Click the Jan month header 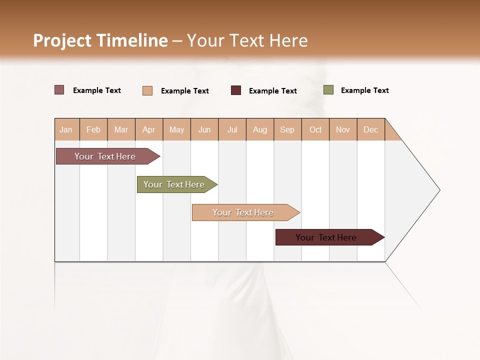click(x=66, y=129)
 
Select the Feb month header click(x=93, y=129)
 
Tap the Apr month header click(x=149, y=129)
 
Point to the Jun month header click(x=204, y=129)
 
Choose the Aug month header click(x=260, y=129)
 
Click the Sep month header click(x=287, y=129)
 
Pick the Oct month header click(x=315, y=129)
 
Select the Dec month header click(x=371, y=129)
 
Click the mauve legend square click(x=59, y=90)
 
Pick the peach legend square click(x=147, y=90)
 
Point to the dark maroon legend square click(x=236, y=90)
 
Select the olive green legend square click(x=328, y=90)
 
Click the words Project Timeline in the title click(x=100, y=40)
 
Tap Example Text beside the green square click(x=365, y=90)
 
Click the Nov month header click(x=343, y=129)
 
